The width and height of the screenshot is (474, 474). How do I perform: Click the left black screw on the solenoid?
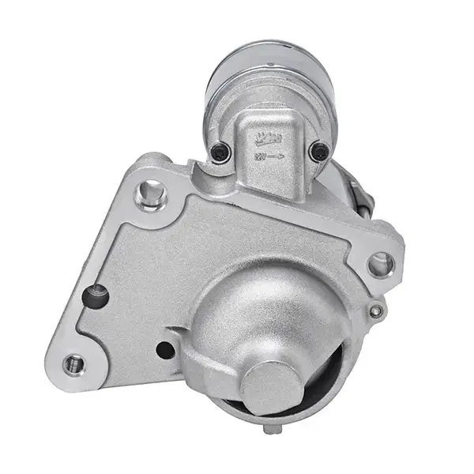[221, 151]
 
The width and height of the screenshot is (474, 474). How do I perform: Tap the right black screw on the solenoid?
[319, 150]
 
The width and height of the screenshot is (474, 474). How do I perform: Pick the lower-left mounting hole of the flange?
[73, 363]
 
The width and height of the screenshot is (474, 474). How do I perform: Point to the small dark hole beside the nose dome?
[165, 349]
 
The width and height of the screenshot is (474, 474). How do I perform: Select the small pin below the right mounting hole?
[378, 311]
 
